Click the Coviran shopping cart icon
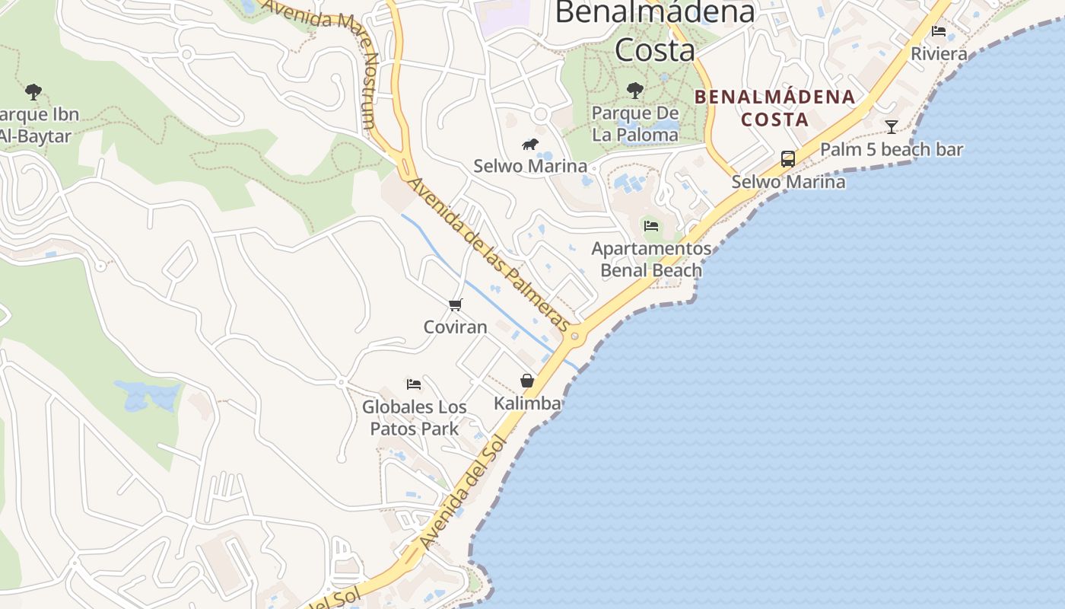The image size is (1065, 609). (455, 305)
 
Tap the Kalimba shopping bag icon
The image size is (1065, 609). (526, 381)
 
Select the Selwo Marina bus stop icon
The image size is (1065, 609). (788, 159)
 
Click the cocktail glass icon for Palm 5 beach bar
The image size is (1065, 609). (892, 126)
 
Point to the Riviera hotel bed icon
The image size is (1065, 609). (939, 31)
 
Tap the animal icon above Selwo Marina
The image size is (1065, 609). (530, 144)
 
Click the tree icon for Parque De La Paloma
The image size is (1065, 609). (634, 91)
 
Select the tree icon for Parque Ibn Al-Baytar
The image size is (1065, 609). (33, 92)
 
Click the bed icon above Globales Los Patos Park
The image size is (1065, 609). (414, 384)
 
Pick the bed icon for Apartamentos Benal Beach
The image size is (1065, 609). (651, 226)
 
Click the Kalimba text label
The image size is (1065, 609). (527, 403)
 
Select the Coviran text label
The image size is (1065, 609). (455, 327)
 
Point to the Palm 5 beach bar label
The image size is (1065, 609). (892, 149)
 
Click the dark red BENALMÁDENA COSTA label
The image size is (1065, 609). (775, 108)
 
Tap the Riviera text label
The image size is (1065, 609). (939, 54)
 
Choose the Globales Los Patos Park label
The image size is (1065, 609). (415, 418)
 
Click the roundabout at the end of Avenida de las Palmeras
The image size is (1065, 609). (574, 336)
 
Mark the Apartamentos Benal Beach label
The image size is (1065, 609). (651, 260)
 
